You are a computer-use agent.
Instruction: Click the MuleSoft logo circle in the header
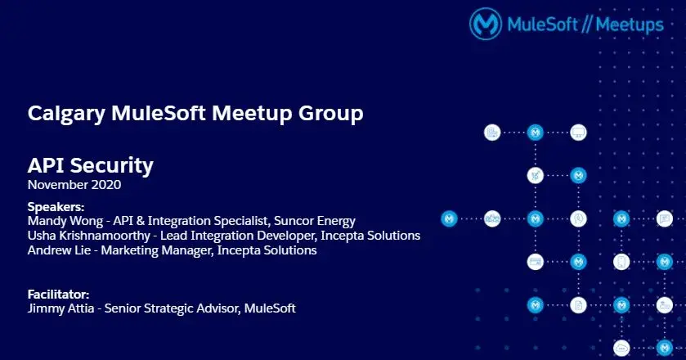486,24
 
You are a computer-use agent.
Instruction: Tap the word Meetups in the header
630,25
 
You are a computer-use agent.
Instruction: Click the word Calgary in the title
66,114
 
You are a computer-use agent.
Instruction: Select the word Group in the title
331,113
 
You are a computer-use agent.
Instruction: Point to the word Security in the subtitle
111,165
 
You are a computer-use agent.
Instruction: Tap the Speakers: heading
56,207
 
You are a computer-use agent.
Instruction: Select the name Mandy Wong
65,221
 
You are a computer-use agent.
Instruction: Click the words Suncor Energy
315,221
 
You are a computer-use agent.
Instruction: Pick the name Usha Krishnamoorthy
89,236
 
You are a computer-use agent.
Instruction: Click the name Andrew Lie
59,250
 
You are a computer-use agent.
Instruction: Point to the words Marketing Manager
158,250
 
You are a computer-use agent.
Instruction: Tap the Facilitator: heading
58,294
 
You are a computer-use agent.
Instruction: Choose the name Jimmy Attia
61,308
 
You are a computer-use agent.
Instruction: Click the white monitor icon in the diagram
578,133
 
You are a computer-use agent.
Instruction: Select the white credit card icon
535,262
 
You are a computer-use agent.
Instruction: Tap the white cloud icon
621,349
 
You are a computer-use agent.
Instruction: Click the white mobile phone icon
621,262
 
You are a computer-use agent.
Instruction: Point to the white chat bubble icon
665,218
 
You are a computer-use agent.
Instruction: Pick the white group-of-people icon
492,218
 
